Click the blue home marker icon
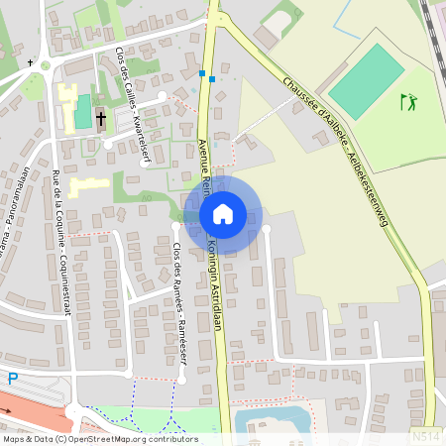(223, 213)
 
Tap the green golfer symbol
(408, 101)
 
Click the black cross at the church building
(100, 119)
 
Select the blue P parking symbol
(13, 378)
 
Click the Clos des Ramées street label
(178, 287)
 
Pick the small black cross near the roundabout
(31, 62)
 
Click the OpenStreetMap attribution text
(99, 438)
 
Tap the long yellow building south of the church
(90, 183)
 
